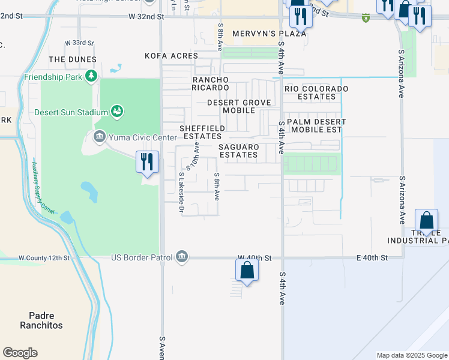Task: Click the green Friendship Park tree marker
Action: click(91, 76)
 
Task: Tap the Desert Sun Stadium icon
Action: click(118, 111)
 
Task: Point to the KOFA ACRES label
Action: click(171, 56)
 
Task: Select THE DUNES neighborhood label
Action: click(73, 59)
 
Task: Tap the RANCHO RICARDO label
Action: click(210, 84)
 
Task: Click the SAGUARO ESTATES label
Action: click(239, 151)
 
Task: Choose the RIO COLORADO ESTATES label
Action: click(316, 92)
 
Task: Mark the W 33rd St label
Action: click(79, 43)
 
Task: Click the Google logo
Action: click(20, 352)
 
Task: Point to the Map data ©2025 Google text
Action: click(411, 355)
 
